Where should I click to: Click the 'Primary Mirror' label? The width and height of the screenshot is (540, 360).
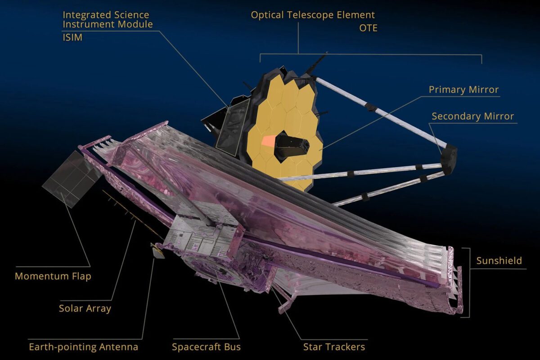click(463, 90)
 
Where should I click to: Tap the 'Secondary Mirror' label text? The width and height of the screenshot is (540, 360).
click(472, 116)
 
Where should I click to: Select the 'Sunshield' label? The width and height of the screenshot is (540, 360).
click(499, 261)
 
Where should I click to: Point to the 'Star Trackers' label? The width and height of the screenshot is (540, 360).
click(334, 346)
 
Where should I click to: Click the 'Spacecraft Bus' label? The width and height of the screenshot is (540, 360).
click(206, 347)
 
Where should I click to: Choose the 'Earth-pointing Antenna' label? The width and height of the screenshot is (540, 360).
click(83, 347)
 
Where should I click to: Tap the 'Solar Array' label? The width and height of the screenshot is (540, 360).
click(85, 308)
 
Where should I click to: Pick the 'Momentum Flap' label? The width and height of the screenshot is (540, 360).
click(53, 276)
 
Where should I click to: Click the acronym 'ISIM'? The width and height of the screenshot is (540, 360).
click(72, 38)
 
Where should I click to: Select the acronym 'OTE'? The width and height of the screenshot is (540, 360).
click(368, 28)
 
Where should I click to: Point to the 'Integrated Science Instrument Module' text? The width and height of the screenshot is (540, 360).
click(108, 19)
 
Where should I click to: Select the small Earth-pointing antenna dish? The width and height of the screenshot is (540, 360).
click(158, 253)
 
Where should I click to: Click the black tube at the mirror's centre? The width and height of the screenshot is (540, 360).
click(292, 145)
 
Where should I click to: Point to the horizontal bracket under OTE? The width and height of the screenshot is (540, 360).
click(371, 55)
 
